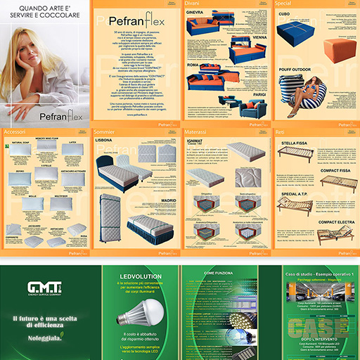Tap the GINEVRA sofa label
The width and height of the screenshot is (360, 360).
point(195,13)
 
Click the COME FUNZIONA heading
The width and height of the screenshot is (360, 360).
point(219,273)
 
